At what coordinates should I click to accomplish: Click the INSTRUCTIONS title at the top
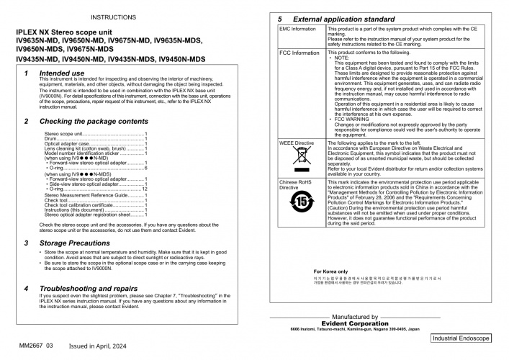tap(114, 16)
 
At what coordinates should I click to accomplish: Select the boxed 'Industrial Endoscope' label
tap(461, 338)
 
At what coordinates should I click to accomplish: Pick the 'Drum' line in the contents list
tap(51, 138)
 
